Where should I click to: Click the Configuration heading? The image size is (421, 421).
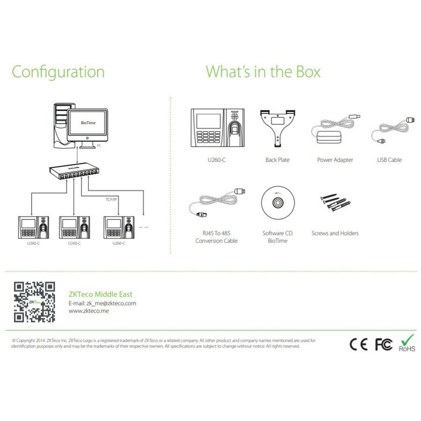click(58, 72)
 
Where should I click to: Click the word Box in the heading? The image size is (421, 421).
click(308, 72)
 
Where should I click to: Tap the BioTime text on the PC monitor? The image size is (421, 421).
click(88, 123)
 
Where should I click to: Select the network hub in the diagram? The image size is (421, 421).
click(74, 172)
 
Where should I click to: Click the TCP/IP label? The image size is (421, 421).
click(111, 199)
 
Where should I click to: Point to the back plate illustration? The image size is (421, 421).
click(277, 128)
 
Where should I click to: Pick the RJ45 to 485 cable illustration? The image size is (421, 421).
click(217, 203)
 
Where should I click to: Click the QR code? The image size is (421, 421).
click(35, 302)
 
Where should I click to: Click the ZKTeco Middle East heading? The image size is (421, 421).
click(101, 294)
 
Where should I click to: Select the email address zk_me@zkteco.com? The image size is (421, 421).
click(111, 304)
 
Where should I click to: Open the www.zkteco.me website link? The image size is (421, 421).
click(89, 311)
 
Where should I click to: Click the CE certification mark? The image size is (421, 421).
click(358, 344)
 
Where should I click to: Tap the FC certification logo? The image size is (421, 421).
click(384, 344)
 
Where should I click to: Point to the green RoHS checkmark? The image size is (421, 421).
click(408, 340)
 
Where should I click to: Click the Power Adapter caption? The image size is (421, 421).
click(335, 160)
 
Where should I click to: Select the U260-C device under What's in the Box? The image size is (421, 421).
click(218, 128)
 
